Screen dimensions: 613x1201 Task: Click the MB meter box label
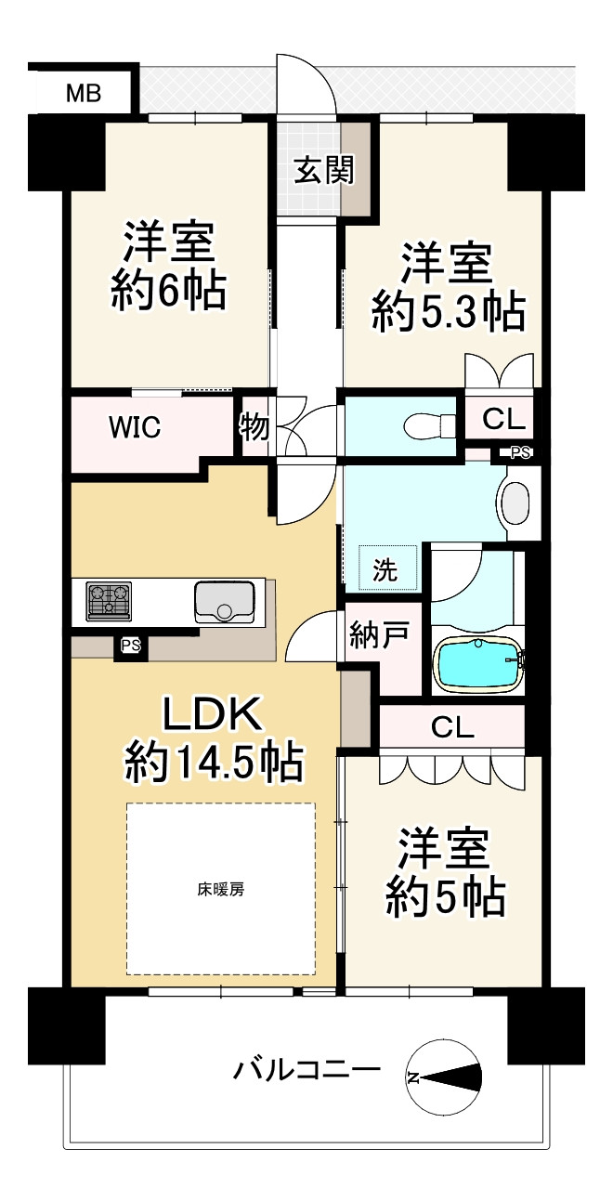tap(84, 94)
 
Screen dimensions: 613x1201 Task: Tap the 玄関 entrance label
tap(324, 171)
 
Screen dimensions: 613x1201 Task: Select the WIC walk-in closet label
tap(135, 427)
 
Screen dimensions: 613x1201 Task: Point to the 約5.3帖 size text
tap(449, 312)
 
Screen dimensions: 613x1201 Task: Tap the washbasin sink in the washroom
tap(515, 503)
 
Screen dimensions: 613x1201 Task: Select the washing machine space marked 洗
tap(387, 568)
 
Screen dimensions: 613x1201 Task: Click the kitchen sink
tap(224, 601)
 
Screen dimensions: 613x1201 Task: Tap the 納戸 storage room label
tap(379, 635)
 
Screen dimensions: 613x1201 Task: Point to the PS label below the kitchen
tap(130, 646)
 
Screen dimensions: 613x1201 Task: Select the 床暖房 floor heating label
tap(221, 890)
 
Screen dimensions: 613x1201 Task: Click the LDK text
tap(213, 713)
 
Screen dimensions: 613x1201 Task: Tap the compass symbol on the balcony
tap(444, 1077)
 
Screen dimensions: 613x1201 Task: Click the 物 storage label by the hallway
tap(254, 428)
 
